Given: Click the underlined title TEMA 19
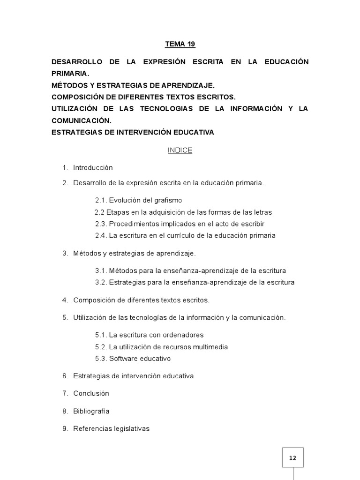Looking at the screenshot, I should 180,45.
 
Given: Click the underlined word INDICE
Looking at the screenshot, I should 180,150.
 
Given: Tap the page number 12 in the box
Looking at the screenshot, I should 292,457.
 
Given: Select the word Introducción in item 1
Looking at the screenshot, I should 93,168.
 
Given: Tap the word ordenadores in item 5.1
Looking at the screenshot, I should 183,335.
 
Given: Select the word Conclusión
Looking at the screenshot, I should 91,394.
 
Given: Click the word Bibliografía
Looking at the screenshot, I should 91,412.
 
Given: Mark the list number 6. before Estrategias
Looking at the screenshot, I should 65,376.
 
